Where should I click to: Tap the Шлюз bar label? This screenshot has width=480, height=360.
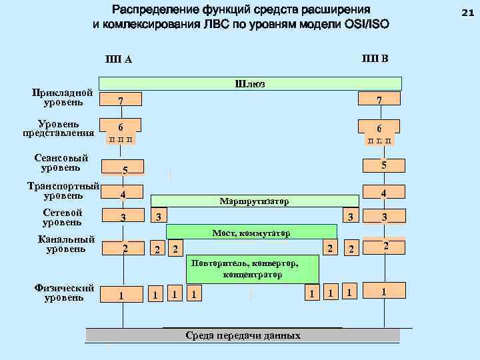(x=250, y=83)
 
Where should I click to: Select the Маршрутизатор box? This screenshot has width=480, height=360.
(x=254, y=201)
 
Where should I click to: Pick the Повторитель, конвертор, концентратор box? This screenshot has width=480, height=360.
(x=253, y=269)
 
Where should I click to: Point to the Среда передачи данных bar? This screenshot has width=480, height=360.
(x=243, y=335)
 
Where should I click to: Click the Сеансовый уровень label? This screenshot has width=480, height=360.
(x=61, y=163)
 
